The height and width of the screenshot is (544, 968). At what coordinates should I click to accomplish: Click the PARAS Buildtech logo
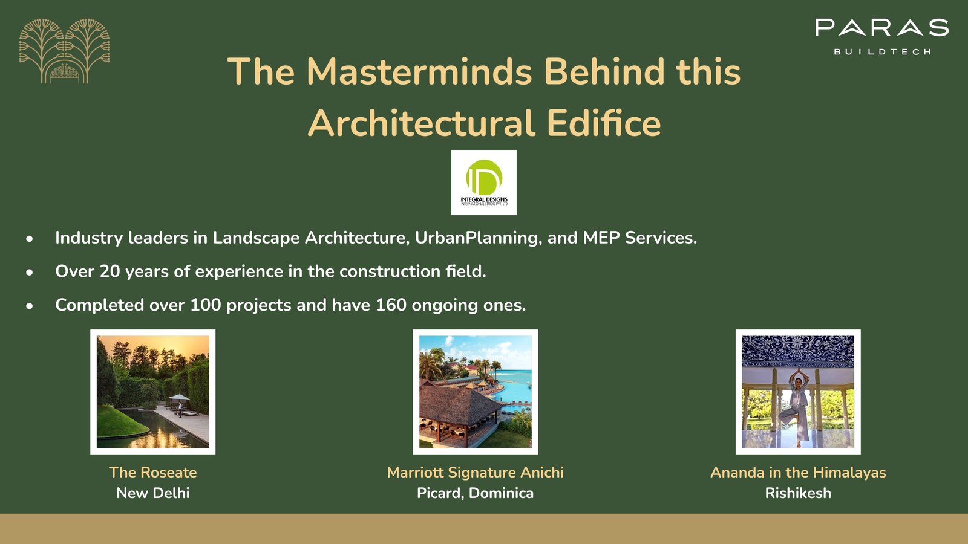(882, 37)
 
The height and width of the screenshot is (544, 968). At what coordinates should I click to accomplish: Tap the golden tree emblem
(64, 51)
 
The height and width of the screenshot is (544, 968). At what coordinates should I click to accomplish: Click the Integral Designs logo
(484, 183)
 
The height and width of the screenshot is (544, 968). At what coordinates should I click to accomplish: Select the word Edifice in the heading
(604, 123)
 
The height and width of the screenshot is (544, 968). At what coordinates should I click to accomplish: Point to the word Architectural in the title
(421, 123)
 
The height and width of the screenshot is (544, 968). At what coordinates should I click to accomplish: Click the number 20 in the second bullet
(110, 271)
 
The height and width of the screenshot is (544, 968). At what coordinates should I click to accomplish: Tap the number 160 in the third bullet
(391, 305)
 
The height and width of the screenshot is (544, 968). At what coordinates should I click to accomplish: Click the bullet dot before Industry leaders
(30, 238)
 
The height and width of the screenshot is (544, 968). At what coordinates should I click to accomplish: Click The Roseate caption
(153, 472)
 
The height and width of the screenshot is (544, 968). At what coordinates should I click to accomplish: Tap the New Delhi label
(153, 493)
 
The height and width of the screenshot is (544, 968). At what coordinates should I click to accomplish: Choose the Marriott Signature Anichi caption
(476, 472)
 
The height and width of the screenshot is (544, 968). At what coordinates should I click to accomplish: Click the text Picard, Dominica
(476, 493)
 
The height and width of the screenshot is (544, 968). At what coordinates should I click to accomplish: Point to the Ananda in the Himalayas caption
(798, 472)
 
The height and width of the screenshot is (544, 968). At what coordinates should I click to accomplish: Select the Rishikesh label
(798, 493)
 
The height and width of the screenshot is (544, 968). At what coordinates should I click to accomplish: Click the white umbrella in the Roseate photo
(178, 397)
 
